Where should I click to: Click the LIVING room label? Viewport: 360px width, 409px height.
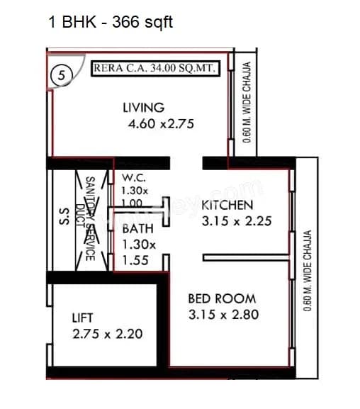click(143, 108)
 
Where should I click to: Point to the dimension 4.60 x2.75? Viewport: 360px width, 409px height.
click(161, 124)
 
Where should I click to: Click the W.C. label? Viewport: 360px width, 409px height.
click(134, 177)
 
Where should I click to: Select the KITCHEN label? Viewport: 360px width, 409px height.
click(227, 206)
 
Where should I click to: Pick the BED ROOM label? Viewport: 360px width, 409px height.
click(222, 298)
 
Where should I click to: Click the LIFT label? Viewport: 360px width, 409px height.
click(82, 318)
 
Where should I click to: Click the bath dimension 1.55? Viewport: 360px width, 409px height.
click(135, 260)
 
